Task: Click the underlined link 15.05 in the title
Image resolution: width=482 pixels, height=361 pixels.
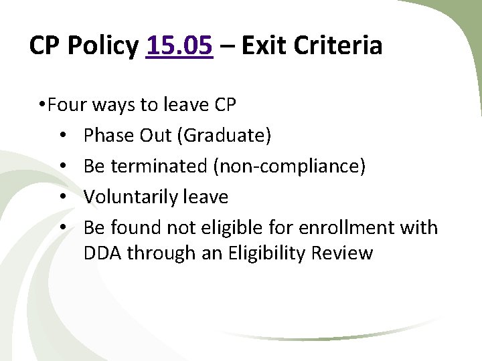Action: (x=179, y=46)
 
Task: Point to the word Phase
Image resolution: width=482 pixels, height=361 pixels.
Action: (x=107, y=136)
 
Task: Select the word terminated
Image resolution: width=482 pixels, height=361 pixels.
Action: (x=159, y=166)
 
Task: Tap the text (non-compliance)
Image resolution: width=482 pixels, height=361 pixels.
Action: (x=289, y=166)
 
